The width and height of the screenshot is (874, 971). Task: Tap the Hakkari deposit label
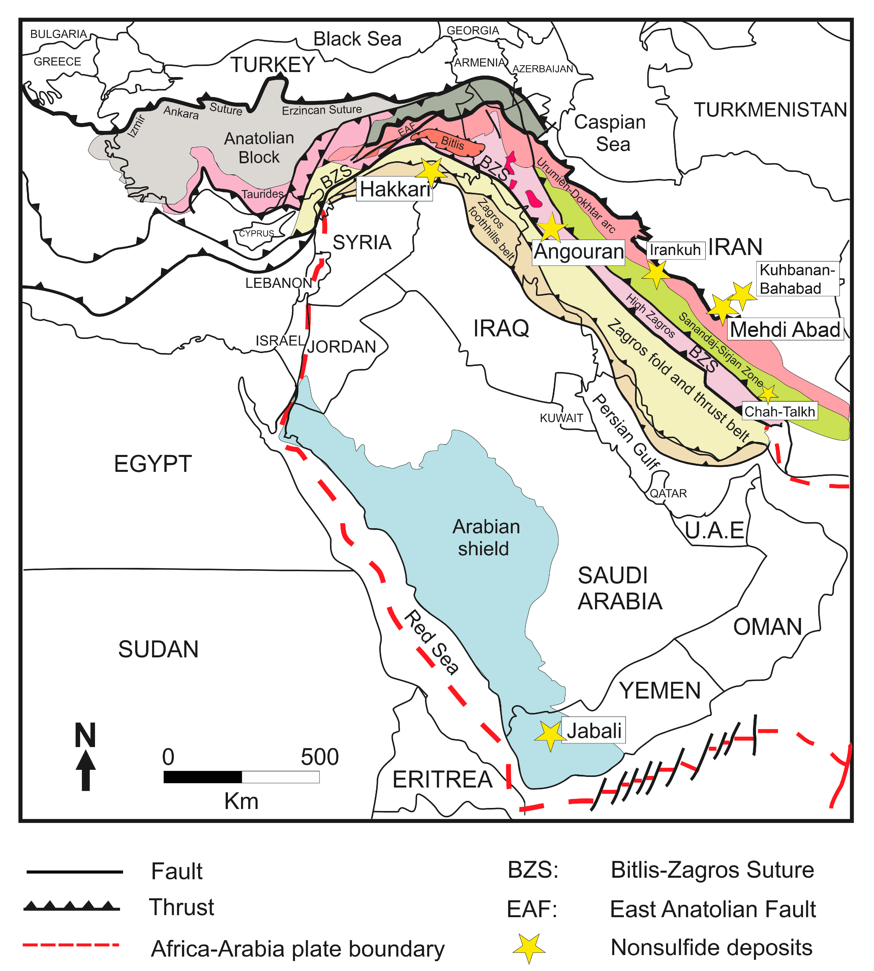point(395,189)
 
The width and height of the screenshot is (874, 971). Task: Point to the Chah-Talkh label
point(779,411)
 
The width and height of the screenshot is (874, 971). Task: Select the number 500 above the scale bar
point(320,757)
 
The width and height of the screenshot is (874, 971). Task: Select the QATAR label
point(668,493)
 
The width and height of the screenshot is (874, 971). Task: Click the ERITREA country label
point(442,779)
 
